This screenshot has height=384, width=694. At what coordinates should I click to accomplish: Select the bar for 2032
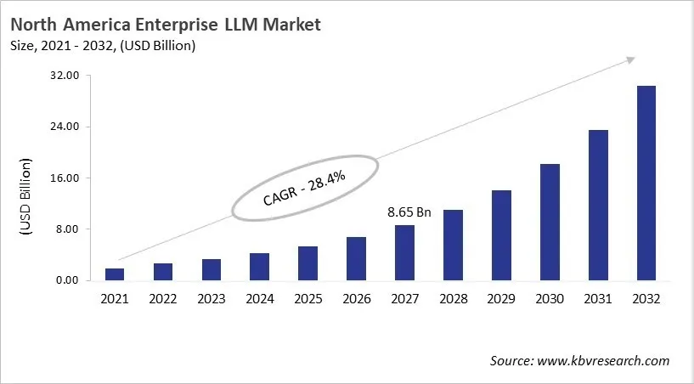pyautogui.click(x=646, y=183)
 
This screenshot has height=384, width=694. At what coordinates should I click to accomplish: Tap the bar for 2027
pyautogui.click(x=405, y=252)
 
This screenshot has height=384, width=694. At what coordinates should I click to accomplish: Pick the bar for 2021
pyautogui.click(x=115, y=274)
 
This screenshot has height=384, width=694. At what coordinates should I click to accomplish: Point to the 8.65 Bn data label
pyautogui.click(x=409, y=212)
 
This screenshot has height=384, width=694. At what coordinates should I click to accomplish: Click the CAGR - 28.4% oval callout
pyautogui.click(x=305, y=189)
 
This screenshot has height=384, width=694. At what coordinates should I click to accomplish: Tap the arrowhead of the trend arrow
pyautogui.click(x=631, y=59)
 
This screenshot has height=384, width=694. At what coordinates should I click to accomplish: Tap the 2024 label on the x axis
pyautogui.click(x=259, y=299)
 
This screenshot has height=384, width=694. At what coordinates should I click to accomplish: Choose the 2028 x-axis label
pyautogui.click(x=453, y=299)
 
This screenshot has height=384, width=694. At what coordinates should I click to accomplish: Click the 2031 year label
pyautogui.click(x=598, y=299)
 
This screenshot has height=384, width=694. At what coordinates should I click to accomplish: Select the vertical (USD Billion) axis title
pyautogui.click(x=25, y=197)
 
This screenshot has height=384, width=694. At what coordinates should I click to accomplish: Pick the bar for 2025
pyautogui.click(x=308, y=263)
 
